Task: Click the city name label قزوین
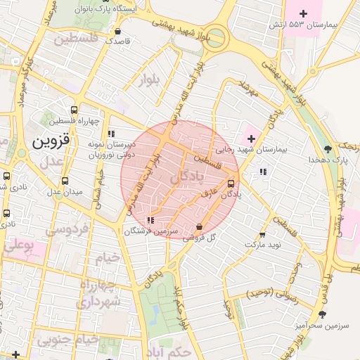[x=51, y=141]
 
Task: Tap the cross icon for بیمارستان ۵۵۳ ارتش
[x=304, y=13]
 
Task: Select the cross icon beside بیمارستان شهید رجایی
[x=252, y=138]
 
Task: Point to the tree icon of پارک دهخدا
[x=328, y=148]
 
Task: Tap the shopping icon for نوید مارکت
[x=262, y=235]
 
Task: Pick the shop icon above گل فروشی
[x=200, y=227]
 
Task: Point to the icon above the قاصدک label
[x=117, y=31]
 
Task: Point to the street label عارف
[x=209, y=192]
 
